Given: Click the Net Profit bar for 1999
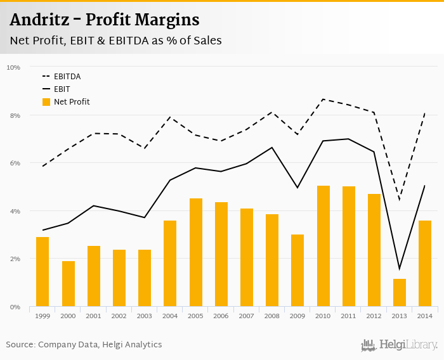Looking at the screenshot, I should [x=42, y=272].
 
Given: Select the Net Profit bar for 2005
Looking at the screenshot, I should [x=196, y=253].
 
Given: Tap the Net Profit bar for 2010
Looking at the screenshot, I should [x=323, y=247].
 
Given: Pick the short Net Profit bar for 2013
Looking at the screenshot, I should [x=400, y=293].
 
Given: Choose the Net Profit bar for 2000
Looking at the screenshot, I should [x=68, y=284].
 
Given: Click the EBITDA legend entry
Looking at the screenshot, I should [x=67, y=77].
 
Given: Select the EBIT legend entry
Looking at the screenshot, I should [x=62, y=89].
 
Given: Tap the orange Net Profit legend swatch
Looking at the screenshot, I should [x=46, y=101].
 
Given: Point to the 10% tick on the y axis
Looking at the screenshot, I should [x=13, y=67].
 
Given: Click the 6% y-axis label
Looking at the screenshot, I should [x=15, y=163].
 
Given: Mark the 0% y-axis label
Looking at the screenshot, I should [x=15, y=307].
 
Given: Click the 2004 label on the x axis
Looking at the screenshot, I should [x=170, y=316].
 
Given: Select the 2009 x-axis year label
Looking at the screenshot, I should [x=297, y=316].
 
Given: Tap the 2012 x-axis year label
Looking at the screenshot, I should [x=374, y=316].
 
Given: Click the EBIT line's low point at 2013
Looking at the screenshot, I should [x=400, y=269].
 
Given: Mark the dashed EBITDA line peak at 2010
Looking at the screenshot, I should [x=323, y=99].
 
